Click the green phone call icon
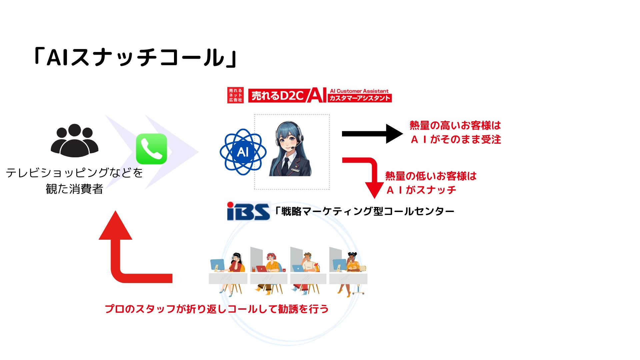pyautogui.click(x=151, y=149)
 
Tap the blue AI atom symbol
pyautogui.click(x=243, y=152)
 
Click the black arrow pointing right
pyautogui.click(x=372, y=134)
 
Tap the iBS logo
pyautogui.click(x=248, y=211)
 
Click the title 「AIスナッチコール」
pyautogui.click(x=135, y=57)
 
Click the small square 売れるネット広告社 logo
pyautogui.click(x=235, y=95)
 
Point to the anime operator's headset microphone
pyautogui.click(x=292, y=147)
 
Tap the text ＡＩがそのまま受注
pyautogui.click(x=456, y=139)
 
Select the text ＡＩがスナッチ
pyautogui.click(x=421, y=190)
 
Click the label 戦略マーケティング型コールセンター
pyautogui.click(x=364, y=211)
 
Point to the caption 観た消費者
pyautogui.click(x=74, y=189)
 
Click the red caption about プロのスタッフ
pyautogui.click(x=217, y=309)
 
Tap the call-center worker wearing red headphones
pyautogui.click(x=272, y=263)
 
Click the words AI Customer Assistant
pyautogui.click(x=359, y=91)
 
